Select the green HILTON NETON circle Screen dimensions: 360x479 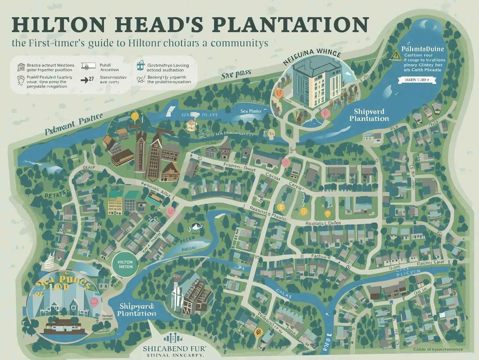click(125, 264)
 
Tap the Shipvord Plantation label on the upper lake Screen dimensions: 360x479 click(369, 115)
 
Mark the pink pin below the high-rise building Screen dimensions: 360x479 click(325, 113)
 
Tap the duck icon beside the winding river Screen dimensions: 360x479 click(194, 227)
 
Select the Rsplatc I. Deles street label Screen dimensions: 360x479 click(323, 223)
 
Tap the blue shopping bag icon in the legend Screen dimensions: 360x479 click(141, 64)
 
